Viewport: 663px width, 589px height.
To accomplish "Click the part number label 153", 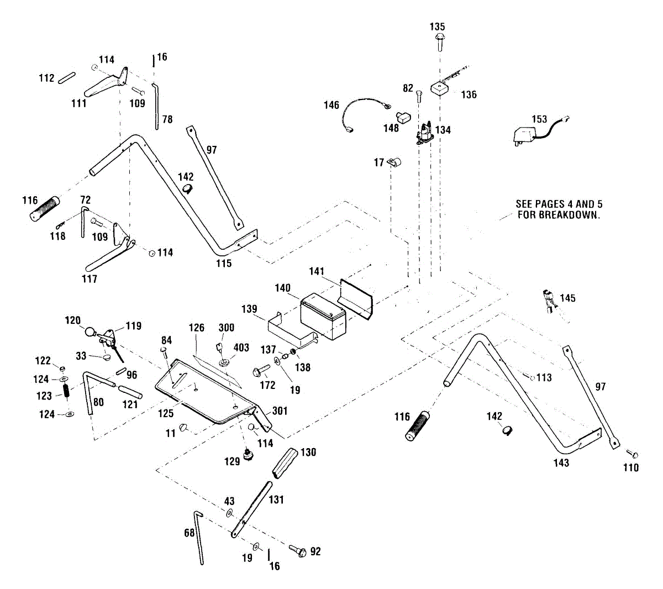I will point(539,119).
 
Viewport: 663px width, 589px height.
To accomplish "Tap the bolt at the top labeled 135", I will point(440,38).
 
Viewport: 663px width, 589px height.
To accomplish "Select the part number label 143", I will point(561,462).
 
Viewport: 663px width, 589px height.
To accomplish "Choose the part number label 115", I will point(224,264).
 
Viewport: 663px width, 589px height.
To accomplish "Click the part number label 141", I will point(317,271).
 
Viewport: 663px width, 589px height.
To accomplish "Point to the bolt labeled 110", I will point(635,454).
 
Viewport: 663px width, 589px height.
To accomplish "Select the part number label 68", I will point(190,533).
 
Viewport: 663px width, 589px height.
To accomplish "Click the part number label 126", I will point(197,328).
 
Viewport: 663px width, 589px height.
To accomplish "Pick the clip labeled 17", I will point(394,162).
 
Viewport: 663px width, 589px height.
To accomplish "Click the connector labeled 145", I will point(549,301).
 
